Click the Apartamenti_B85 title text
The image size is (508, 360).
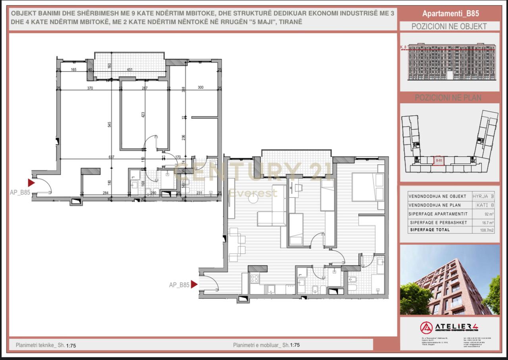click(x=450, y=13)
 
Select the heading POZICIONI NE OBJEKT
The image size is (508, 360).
click(x=449, y=27)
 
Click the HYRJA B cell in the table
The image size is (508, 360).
click(x=483, y=196)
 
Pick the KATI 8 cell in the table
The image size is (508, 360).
click(x=485, y=205)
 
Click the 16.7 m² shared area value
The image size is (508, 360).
click(x=488, y=223)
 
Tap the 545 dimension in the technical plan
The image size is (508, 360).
click(x=109, y=124)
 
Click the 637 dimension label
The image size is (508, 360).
click(x=112, y=157)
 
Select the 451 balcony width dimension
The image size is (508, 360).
click(x=129, y=70)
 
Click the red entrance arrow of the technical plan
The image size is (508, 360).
click(x=31, y=183)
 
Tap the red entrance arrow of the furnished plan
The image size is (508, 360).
click(x=194, y=284)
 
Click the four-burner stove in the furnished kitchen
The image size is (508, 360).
click(x=254, y=279)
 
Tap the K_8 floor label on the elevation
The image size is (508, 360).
click(x=404, y=47)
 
